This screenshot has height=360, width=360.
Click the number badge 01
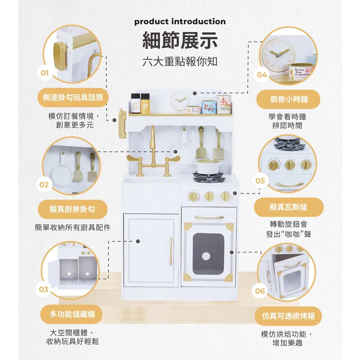(x=45, y=73)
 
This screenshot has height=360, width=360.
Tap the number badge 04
(x=262, y=75)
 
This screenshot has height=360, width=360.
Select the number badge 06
(x=260, y=291)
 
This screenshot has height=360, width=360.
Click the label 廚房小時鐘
(x=289, y=99)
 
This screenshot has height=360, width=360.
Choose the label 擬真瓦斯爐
(x=288, y=207)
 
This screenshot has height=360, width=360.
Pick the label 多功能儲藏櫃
(x=72, y=314)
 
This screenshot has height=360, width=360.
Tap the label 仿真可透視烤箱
(x=288, y=316)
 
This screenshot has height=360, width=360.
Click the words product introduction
(x=180, y=22)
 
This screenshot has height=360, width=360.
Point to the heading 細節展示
(x=180, y=41)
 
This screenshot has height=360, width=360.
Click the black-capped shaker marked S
(x=135, y=103)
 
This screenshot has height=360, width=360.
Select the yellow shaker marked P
(x=145, y=103)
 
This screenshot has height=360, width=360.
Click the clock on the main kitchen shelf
(x=180, y=101)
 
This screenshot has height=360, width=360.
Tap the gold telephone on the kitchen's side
(x=122, y=123)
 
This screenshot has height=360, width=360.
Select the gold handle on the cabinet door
(x=171, y=251)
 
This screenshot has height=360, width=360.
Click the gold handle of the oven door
(x=209, y=217)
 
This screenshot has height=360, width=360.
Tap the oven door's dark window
(x=208, y=254)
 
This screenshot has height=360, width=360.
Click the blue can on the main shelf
(x=209, y=107)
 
